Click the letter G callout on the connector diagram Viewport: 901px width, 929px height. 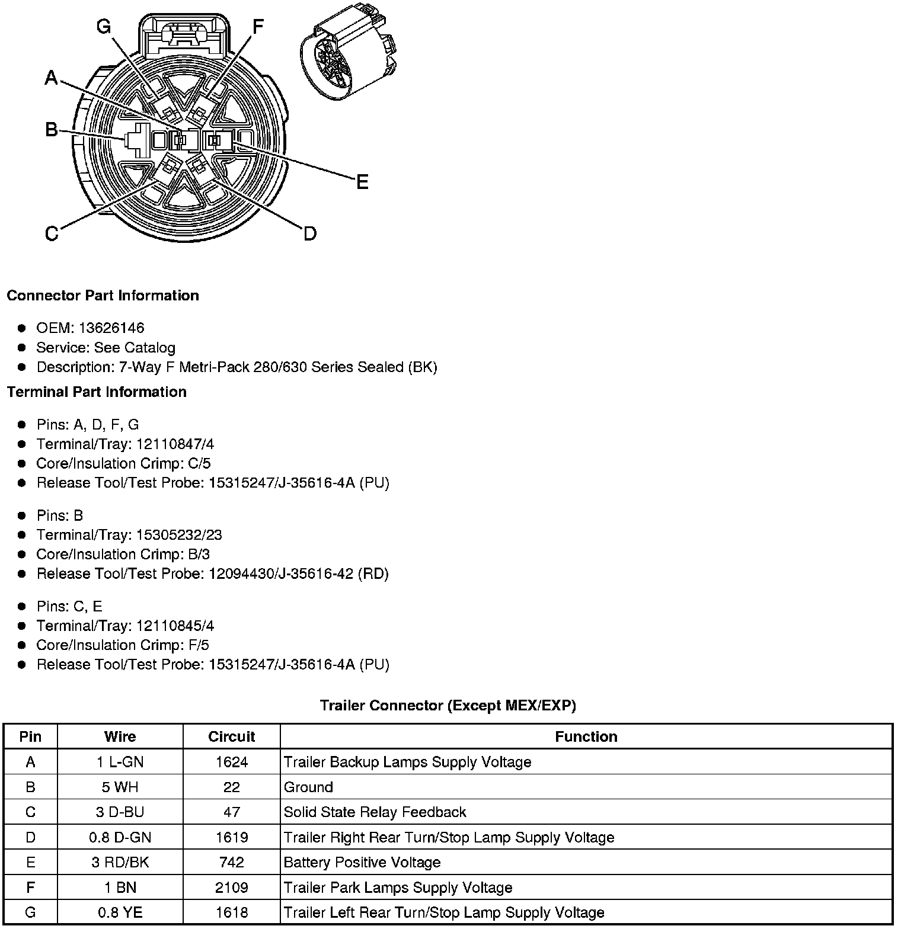click(x=104, y=27)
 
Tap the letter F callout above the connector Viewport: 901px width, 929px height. click(x=257, y=27)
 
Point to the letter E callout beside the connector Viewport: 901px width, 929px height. click(x=362, y=182)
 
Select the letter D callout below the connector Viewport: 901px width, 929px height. click(x=310, y=233)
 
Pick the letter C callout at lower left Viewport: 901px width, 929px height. click(x=52, y=234)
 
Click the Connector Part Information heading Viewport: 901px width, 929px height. click(x=103, y=296)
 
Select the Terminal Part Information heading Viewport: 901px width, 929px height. click(x=97, y=392)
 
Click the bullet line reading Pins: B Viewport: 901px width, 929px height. click(x=59, y=515)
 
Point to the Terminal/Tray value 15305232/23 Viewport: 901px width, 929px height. click(x=179, y=535)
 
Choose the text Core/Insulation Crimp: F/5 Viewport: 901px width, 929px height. click(x=123, y=645)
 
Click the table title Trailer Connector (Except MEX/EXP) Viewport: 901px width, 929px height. click(x=448, y=705)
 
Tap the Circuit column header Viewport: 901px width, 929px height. click(x=231, y=736)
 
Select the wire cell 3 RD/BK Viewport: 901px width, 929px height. click(x=120, y=862)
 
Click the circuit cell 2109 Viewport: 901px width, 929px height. click(x=231, y=888)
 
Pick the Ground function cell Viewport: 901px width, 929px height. click(x=308, y=787)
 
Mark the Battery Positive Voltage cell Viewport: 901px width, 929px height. click(x=362, y=862)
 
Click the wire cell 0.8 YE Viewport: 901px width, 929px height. click(x=120, y=912)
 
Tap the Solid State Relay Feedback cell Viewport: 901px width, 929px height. click(x=375, y=812)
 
